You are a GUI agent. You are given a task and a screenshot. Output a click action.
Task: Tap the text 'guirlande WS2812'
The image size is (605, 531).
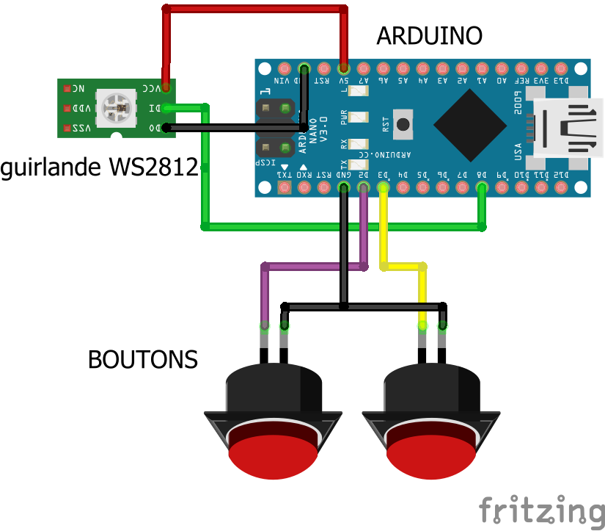[100, 167]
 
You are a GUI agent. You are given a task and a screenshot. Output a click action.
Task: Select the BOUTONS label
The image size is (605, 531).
[143, 360]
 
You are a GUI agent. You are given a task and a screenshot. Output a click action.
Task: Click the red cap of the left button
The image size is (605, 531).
[272, 455]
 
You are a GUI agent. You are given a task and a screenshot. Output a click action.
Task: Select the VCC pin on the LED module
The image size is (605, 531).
[166, 88]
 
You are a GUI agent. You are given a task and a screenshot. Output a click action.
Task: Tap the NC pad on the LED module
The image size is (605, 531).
[67, 88]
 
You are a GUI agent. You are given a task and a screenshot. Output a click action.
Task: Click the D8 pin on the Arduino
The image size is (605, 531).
[482, 188]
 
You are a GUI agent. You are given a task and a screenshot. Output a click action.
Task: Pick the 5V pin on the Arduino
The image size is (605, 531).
[344, 64]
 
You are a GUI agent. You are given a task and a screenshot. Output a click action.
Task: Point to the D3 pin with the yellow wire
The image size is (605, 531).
[383, 188]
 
